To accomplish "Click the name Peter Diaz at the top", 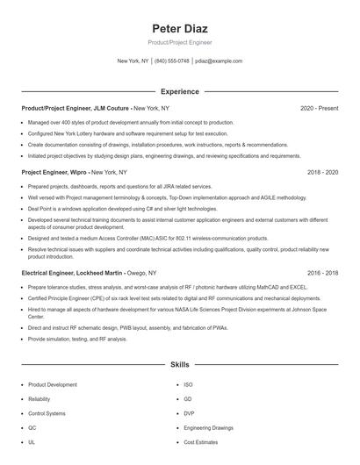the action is pyautogui.click(x=179, y=27).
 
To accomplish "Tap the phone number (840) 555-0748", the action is pyautogui.click(x=172, y=61).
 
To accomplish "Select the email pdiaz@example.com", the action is pyautogui.click(x=219, y=61).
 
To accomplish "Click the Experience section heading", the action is pyautogui.click(x=179, y=91).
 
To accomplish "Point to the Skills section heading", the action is pyautogui.click(x=179, y=363).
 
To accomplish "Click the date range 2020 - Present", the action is pyautogui.click(x=319, y=108).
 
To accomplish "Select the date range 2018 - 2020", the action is pyautogui.click(x=322, y=173).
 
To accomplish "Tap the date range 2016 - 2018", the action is pyautogui.click(x=322, y=273).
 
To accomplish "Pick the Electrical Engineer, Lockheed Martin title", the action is pyautogui.click(x=73, y=273).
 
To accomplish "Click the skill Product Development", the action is pyautogui.click(x=52, y=384).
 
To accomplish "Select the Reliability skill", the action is pyautogui.click(x=40, y=398).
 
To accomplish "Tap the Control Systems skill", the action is pyautogui.click(x=47, y=412).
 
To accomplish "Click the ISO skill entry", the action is pyautogui.click(x=188, y=384).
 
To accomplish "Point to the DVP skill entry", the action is pyautogui.click(x=189, y=412).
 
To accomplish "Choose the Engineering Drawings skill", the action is pyautogui.click(x=210, y=427).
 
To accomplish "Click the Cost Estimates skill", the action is pyautogui.click(x=200, y=441).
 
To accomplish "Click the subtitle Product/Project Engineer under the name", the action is pyautogui.click(x=179, y=42).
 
